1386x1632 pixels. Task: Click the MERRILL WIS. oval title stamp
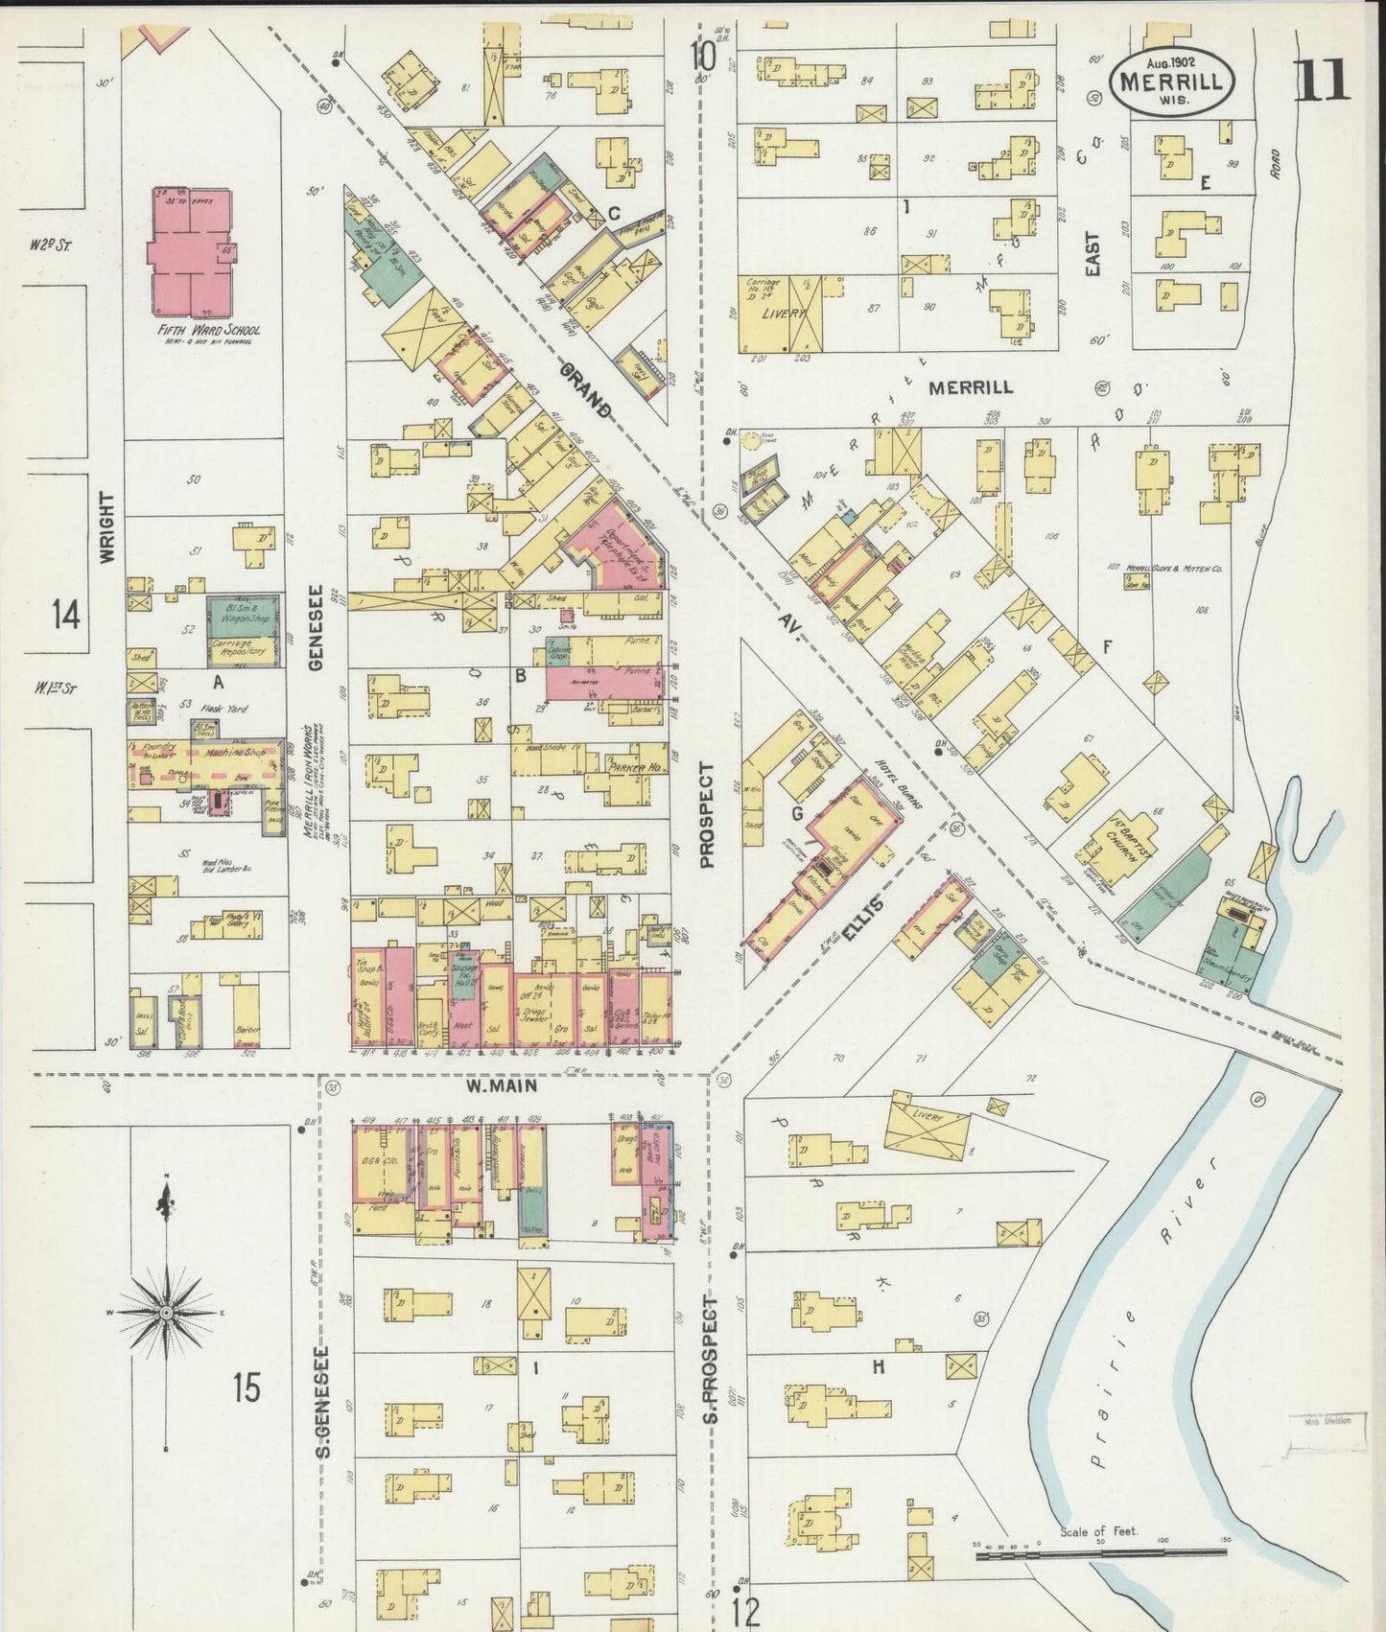(1171, 83)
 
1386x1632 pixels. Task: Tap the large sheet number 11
(1323, 80)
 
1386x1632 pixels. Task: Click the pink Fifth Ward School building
(191, 251)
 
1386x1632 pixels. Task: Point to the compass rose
(167, 1311)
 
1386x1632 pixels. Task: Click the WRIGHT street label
(106, 526)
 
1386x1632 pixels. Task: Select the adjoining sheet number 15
(247, 1387)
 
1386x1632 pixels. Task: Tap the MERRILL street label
(970, 387)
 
